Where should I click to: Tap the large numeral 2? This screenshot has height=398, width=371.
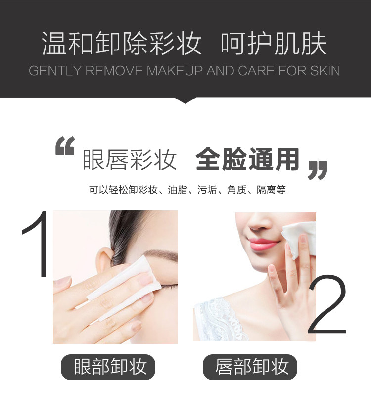[x=327, y=304]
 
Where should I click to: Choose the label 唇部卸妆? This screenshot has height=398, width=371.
[x=252, y=367]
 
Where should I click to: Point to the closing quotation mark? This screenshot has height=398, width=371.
[x=317, y=169]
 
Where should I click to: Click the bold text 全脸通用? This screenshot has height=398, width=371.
[x=247, y=159]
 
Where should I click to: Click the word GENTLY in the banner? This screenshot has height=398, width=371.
[x=55, y=71]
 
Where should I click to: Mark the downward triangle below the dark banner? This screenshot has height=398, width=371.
[x=185, y=100]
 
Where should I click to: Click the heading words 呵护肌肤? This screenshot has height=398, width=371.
[x=274, y=44]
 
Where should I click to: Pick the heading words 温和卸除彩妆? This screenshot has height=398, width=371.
[x=122, y=44]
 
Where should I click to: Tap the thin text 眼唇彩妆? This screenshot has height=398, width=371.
[x=130, y=159]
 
